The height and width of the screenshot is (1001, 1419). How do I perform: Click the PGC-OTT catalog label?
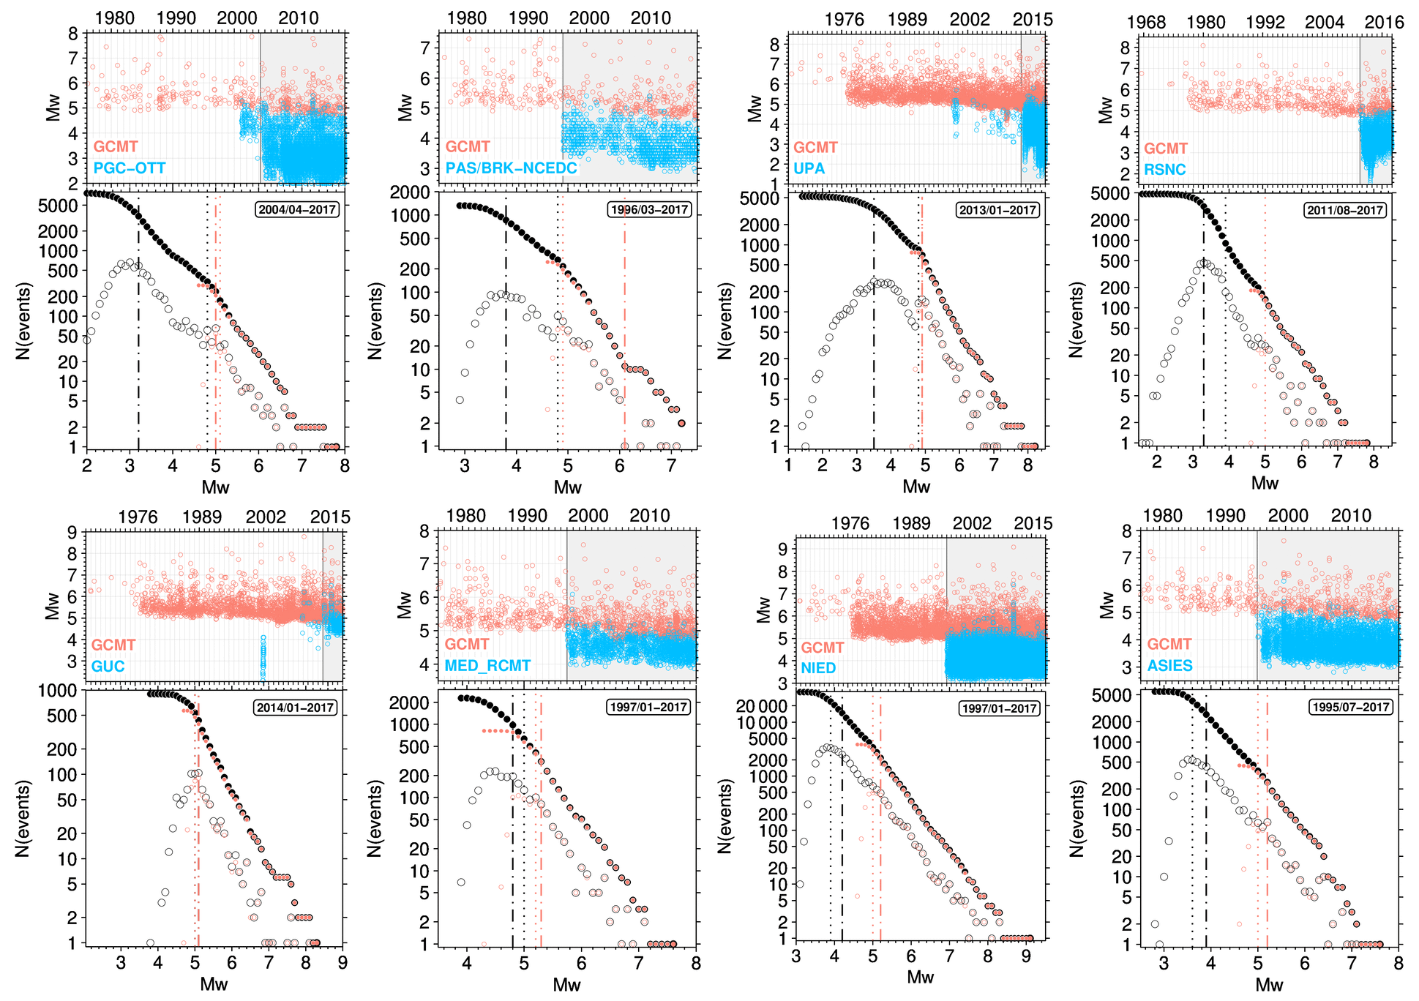(x=130, y=168)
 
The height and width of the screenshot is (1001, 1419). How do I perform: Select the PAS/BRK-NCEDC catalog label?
(x=511, y=168)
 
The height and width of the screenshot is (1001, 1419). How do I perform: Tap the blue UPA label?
(x=809, y=169)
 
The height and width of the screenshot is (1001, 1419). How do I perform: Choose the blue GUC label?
(x=108, y=667)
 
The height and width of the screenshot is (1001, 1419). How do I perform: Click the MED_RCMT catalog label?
(x=487, y=666)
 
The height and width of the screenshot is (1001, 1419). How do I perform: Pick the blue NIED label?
(x=817, y=668)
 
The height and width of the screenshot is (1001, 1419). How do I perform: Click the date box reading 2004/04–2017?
(x=296, y=210)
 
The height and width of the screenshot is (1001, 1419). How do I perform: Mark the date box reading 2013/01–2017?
(x=997, y=211)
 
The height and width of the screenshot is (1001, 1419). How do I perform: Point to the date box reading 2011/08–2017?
(x=1345, y=211)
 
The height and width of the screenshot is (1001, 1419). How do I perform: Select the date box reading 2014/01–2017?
(x=296, y=708)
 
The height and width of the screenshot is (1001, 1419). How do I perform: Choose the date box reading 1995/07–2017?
(x=1350, y=708)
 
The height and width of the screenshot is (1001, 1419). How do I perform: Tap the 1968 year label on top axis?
(x=1146, y=23)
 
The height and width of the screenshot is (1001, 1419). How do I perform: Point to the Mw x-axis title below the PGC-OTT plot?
(x=215, y=487)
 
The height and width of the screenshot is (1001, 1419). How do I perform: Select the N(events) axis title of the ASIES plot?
(x=1076, y=818)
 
